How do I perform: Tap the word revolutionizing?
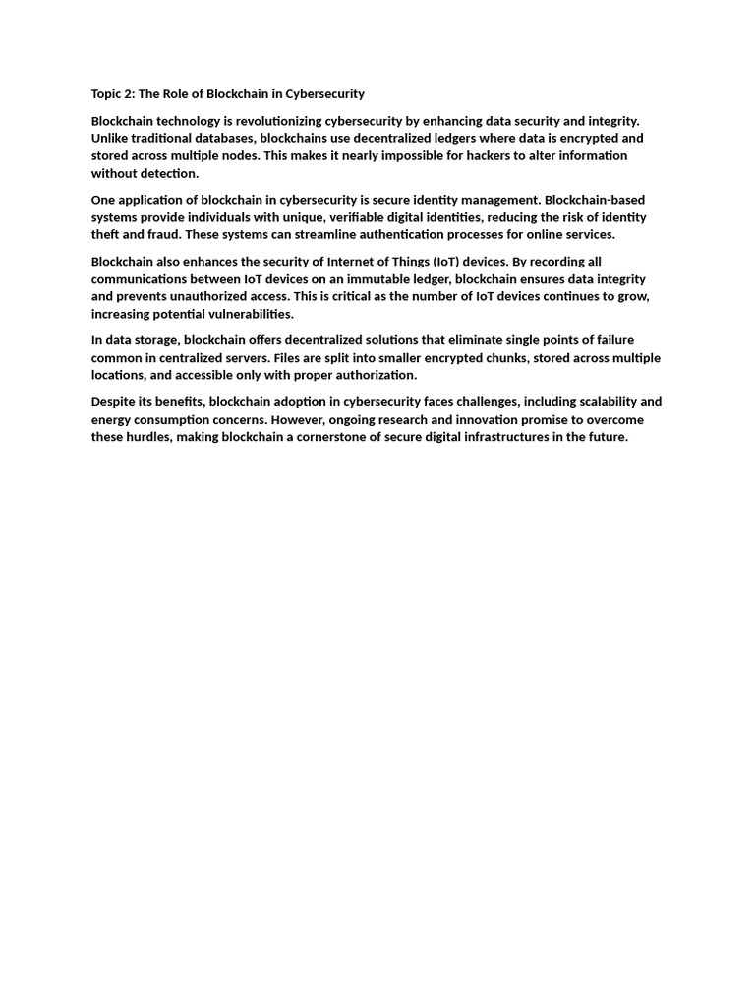(272, 120)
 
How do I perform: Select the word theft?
(106, 235)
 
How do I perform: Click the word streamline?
(301, 235)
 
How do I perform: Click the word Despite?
(114, 401)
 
